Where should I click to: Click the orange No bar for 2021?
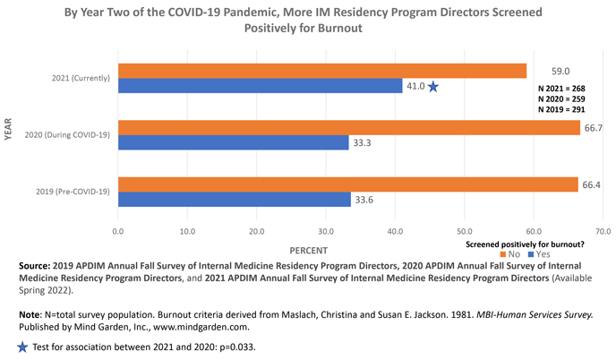pos(322,71)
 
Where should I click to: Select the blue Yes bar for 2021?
pos(260,86)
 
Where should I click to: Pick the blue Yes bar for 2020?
pos(233,142)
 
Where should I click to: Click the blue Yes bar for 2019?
pos(234,199)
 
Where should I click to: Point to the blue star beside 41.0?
pos(433,87)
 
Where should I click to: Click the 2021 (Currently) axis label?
pos(80,78)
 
